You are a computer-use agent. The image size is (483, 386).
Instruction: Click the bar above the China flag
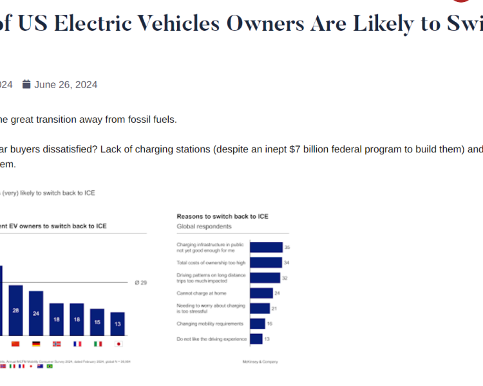pos(15,310)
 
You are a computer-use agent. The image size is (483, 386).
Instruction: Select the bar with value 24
pos(36,313)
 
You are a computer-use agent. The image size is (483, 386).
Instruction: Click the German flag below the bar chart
pos(36,344)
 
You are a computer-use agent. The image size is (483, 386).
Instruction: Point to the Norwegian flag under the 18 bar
pos(57,344)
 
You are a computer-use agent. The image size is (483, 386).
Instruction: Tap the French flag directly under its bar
pos(77,344)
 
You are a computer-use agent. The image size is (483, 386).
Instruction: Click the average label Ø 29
pos(140,282)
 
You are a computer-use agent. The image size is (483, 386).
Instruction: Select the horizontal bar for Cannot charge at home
pos(261,293)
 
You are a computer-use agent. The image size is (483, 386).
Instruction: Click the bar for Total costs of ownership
pos(265,262)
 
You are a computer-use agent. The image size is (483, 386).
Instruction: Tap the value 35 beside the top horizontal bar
pos(287,247)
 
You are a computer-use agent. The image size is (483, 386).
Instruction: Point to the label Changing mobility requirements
pos(210,324)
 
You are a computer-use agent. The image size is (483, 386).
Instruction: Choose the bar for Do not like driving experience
pos(256,339)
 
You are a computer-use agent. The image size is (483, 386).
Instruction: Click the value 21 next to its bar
pos(274,309)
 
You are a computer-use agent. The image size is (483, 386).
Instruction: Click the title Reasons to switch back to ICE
pos(222,217)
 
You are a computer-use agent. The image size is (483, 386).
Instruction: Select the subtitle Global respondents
pos(204,226)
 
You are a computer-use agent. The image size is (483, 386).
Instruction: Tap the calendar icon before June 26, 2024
pos(26,84)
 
